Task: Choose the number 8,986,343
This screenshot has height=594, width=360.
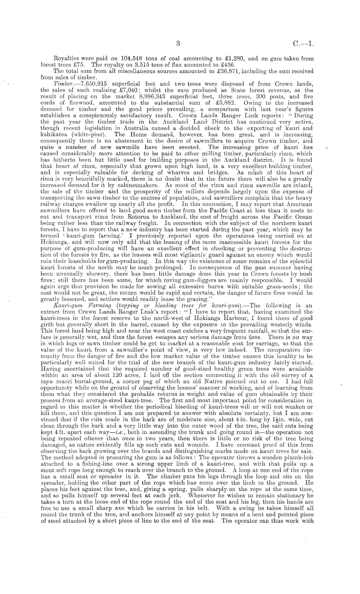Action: pos(148,96)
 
